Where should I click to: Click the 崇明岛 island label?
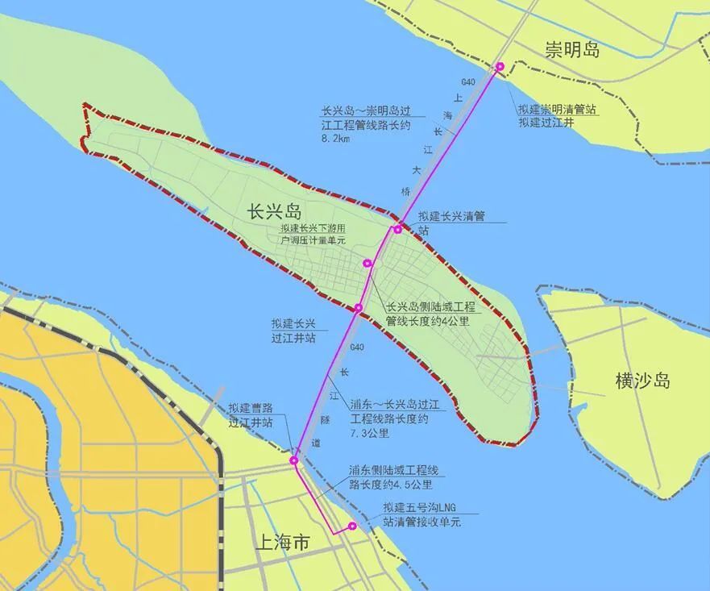click(x=573, y=50)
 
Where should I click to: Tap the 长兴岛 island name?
click(x=275, y=212)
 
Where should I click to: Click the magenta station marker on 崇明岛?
click(x=500, y=67)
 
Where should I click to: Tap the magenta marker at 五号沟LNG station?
click(x=352, y=526)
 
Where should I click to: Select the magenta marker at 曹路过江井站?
click(x=294, y=460)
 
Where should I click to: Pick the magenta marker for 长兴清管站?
click(x=398, y=230)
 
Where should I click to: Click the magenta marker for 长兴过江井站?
click(x=359, y=307)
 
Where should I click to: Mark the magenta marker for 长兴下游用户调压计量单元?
click(x=367, y=263)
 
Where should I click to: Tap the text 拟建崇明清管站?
click(x=558, y=110)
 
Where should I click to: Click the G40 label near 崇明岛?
click(x=468, y=82)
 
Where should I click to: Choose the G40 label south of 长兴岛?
click(x=358, y=348)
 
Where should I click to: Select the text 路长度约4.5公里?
click(x=391, y=485)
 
